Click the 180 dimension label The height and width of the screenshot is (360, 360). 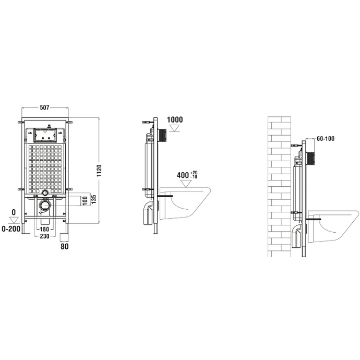[45, 229]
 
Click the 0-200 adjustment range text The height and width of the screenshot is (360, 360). [11, 229]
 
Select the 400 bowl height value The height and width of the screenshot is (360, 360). [183, 175]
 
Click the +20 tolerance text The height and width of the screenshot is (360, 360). [194, 172]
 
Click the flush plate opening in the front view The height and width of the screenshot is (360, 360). [44, 134]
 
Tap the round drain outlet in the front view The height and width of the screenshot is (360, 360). [45, 193]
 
